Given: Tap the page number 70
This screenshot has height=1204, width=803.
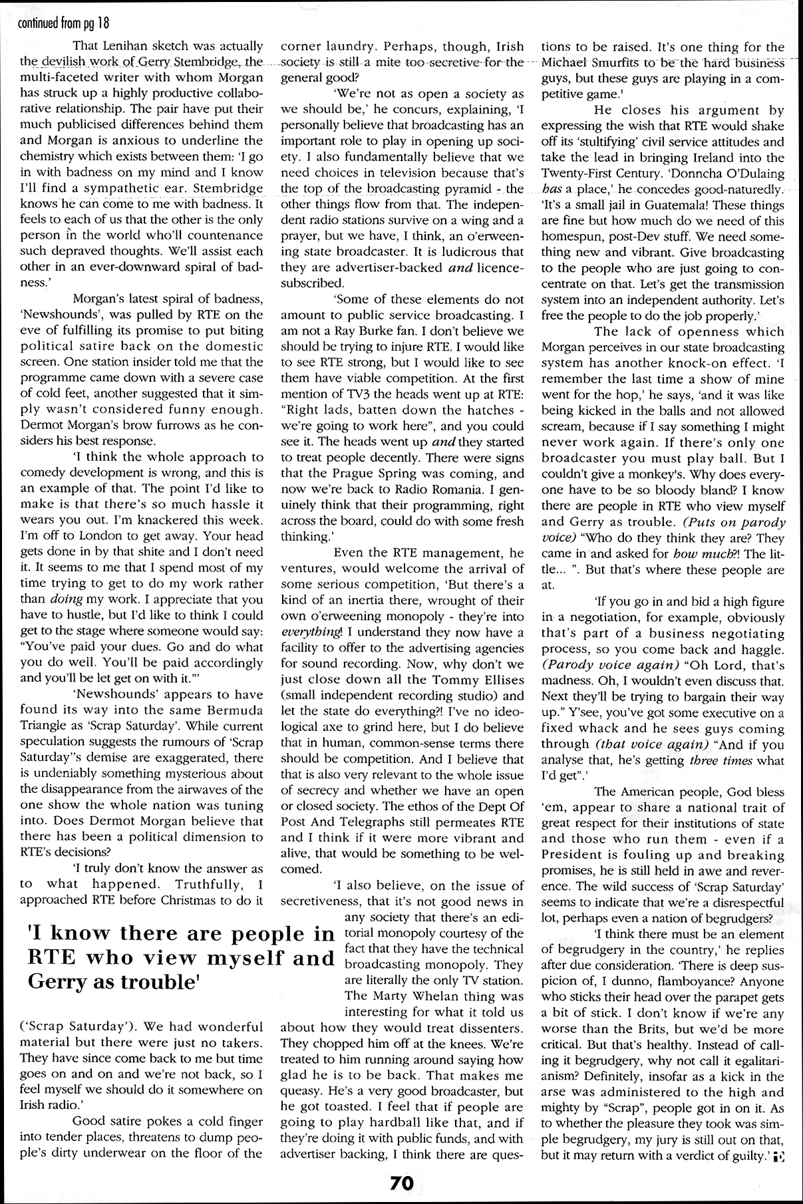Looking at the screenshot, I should [x=402, y=1182].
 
